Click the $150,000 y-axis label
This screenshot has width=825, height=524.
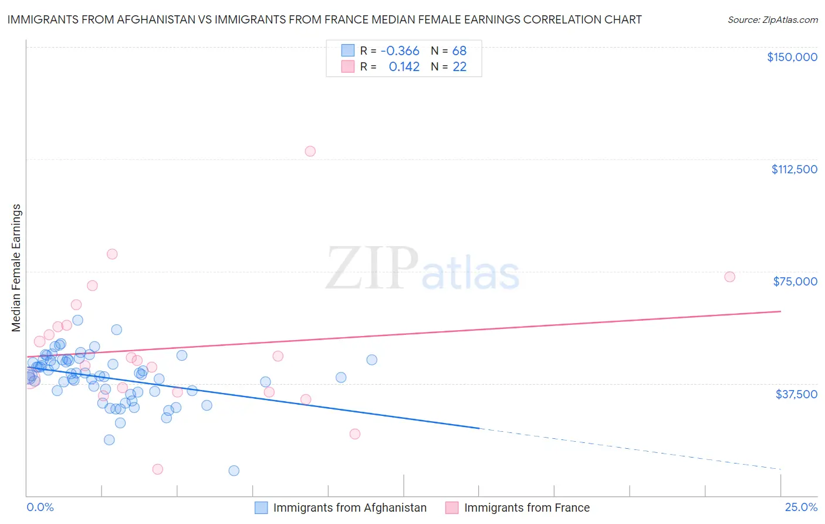point(792,57)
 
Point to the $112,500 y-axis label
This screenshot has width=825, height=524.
point(794,169)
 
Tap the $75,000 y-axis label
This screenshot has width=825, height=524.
point(795,281)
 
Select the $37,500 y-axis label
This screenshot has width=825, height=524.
point(796,394)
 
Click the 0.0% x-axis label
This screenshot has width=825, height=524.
point(40,507)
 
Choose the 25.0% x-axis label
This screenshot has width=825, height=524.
point(801,507)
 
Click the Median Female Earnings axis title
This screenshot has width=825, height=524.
point(16,268)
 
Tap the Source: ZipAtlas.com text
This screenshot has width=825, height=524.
point(772,19)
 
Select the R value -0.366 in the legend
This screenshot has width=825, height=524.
point(400,51)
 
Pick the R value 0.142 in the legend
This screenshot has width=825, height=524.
point(404,67)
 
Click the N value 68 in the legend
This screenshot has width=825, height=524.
point(459,51)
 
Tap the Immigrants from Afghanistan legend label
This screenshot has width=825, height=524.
point(350,508)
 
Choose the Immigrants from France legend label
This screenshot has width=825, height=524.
point(526,508)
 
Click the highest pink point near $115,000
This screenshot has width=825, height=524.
point(310,152)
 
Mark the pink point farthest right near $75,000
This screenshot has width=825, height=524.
point(729,277)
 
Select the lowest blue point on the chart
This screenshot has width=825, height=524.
point(234,471)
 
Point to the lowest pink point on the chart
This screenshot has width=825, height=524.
point(157,469)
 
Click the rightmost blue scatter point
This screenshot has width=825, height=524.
point(371,360)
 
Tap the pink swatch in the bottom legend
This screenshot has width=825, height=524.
point(451,508)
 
